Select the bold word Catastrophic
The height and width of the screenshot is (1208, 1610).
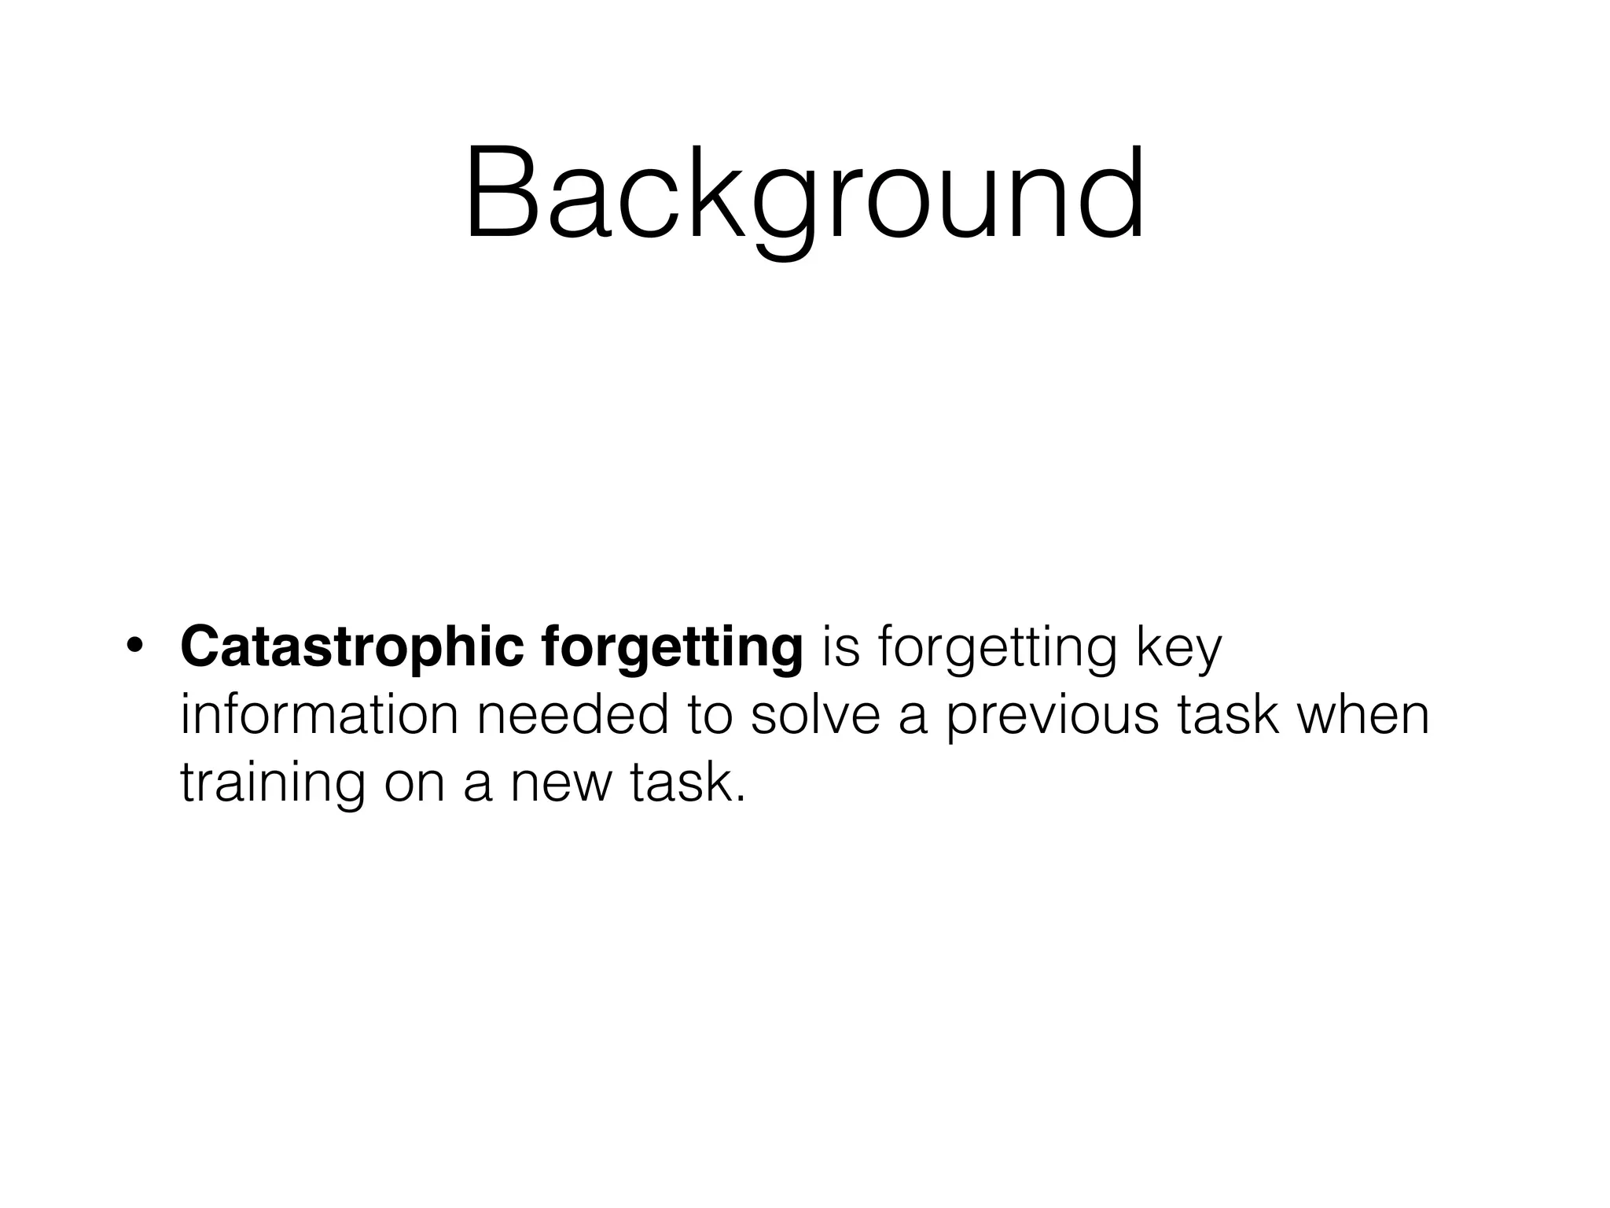coord(351,646)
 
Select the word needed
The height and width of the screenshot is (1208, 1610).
coord(575,715)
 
